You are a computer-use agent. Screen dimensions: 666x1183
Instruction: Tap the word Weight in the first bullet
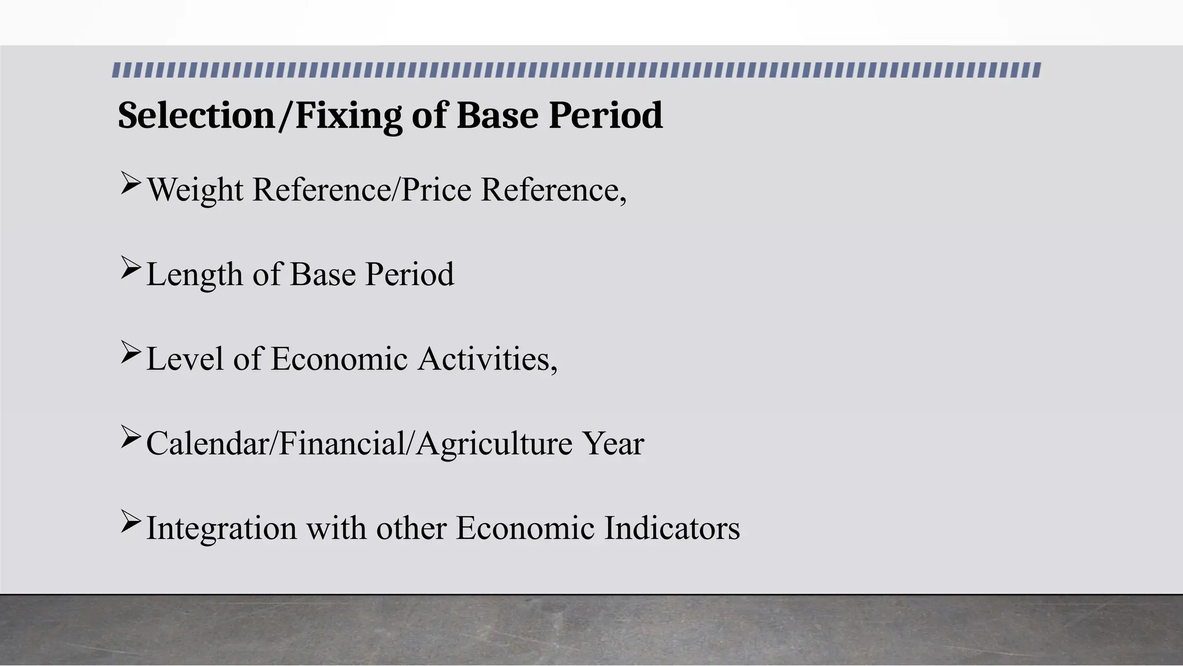(x=195, y=190)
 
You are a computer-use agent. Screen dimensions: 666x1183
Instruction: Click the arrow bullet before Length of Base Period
(x=131, y=268)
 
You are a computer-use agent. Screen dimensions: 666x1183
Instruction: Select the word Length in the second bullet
(x=194, y=275)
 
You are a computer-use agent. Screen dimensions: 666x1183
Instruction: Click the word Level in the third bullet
(x=185, y=359)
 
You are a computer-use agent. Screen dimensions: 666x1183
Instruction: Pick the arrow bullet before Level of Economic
(x=131, y=352)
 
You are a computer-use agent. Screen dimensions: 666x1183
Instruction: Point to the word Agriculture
(x=494, y=444)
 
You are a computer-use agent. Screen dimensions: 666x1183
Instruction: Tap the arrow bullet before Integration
(x=131, y=521)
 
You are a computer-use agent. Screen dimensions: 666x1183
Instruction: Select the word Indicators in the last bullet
(x=672, y=528)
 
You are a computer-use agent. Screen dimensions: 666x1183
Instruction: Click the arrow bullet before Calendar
(x=131, y=437)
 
